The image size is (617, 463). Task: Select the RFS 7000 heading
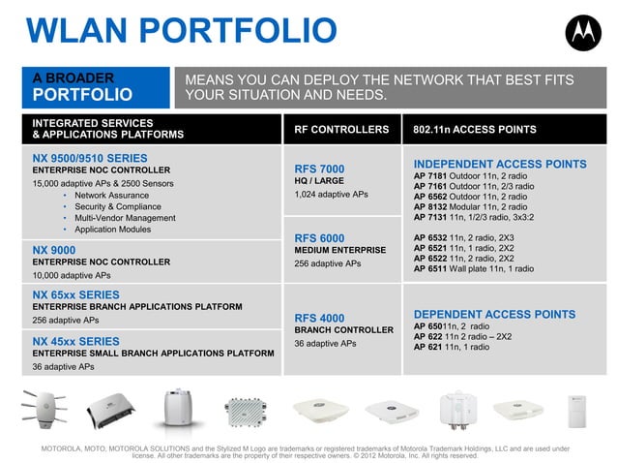pyautogui.click(x=319, y=169)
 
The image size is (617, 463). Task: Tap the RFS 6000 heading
pyautogui.click(x=319, y=237)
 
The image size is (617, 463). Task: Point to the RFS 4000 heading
pyautogui.click(x=319, y=317)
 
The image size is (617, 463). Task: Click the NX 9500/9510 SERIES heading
pyautogui.click(x=90, y=157)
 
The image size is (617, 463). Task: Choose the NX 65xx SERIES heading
pyautogui.click(x=76, y=294)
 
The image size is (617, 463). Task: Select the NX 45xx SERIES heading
pyautogui.click(x=76, y=341)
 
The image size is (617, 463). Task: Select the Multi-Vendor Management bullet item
pyautogui.click(x=125, y=218)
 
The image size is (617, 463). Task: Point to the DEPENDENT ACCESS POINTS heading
pyautogui.click(x=494, y=314)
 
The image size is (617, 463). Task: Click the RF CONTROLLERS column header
pyautogui.click(x=341, y=129)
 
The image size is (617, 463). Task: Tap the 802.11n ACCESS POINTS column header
pyautogui.click(x=474, y=129)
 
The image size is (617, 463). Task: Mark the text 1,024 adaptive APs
pyautogui.click(x=331, y=194)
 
